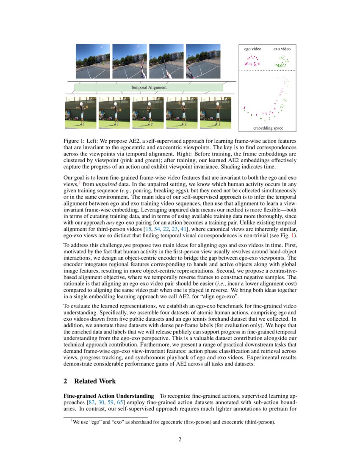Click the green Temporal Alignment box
[148, 88]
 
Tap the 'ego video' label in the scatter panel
[252, 49]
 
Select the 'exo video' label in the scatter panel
[282, 49]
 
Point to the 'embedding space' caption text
[268, 128]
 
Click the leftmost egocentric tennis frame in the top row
[92, 61]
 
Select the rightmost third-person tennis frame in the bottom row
[215, 113]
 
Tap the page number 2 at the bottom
[180, 439]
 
